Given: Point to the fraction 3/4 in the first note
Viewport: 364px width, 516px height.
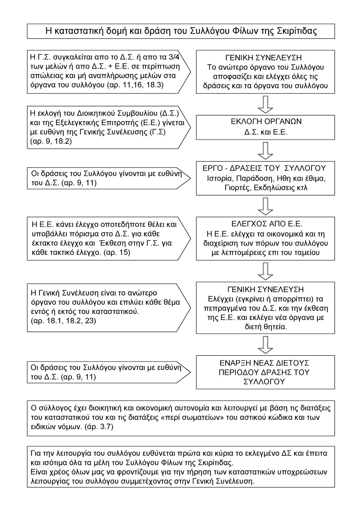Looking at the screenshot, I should click(x=174, y=57).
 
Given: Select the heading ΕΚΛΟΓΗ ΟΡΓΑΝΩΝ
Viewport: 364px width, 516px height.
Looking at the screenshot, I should click(x=266, y=121).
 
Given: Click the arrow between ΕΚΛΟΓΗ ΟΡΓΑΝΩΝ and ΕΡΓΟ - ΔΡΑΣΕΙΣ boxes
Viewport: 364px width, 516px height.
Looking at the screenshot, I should click(x=266, y=151).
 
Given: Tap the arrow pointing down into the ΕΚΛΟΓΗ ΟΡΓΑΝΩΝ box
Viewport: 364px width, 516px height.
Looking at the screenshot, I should click(x=266, y=104).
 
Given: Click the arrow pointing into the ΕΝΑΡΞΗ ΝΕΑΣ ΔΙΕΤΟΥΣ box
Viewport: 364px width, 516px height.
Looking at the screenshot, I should click(x=266, y=345).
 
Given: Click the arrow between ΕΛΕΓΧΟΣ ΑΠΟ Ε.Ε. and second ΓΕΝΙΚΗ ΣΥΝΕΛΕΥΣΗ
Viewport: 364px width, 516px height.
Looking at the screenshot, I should click(x=266, y=271).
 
